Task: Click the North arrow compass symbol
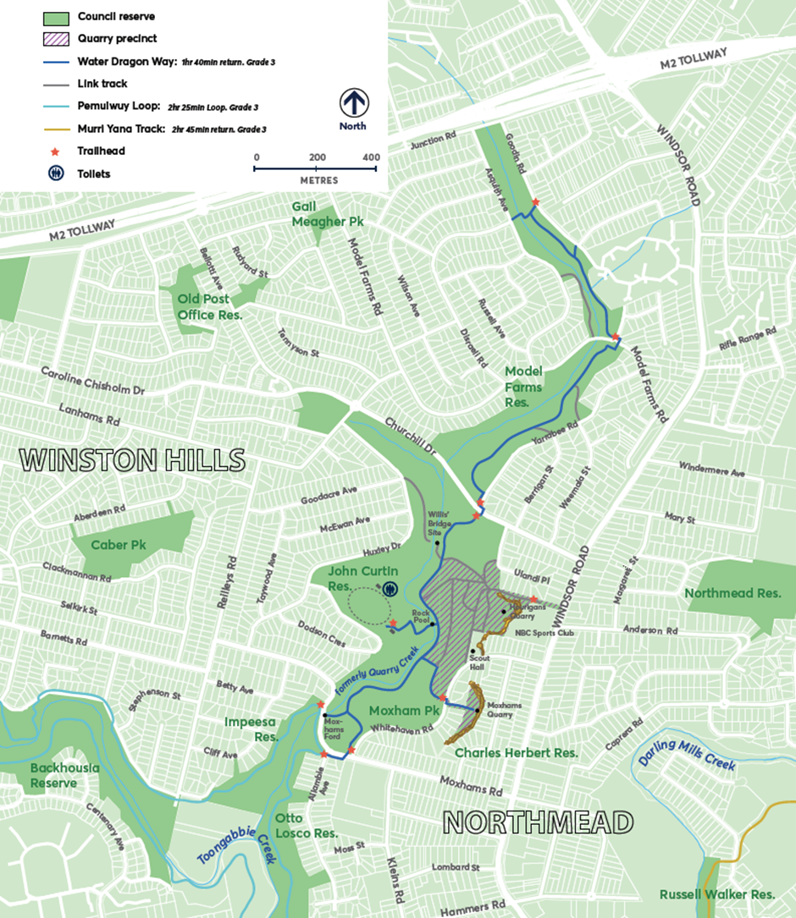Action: (353, 103)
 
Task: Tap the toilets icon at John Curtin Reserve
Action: (390, 588)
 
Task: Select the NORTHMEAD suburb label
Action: (539, 822)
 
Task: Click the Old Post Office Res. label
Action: (210, 306)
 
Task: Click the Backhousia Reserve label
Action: (65, 775)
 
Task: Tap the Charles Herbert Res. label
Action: (517, 752)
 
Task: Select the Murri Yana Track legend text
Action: (119, 129)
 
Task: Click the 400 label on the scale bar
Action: (370, 157)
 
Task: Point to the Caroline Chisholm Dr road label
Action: (103, 382)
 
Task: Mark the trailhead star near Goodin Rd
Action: (535, 202)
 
